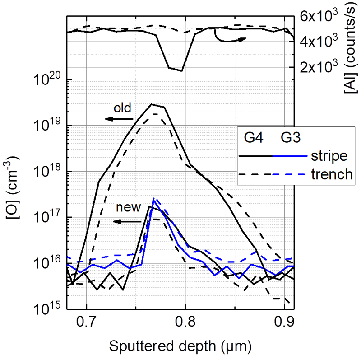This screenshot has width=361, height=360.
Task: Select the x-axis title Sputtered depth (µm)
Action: click(x=180, y=346)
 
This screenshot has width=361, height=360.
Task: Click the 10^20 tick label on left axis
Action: click(x=47, y=80)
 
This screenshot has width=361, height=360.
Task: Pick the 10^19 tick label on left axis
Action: click(x=47, y=126)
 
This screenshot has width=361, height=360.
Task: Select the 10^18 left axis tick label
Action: click(x=47, y=172)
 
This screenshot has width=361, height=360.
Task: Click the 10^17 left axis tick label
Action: click(x=47, y=218)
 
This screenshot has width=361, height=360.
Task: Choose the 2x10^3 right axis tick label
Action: click(x=316, y=67)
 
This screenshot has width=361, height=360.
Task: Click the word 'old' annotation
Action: click(x=122, y=108)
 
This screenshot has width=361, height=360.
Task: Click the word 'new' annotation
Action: click(x=127, y=209)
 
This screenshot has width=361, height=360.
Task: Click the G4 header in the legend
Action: click(x=255, y=137)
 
